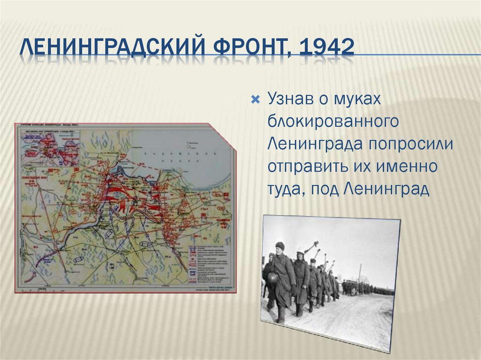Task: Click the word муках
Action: (x=360, y=100)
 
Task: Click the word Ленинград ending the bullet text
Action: (x=386, y=189)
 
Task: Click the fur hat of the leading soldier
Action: (x=280, y=245)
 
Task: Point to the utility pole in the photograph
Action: (x=360, y=273)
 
